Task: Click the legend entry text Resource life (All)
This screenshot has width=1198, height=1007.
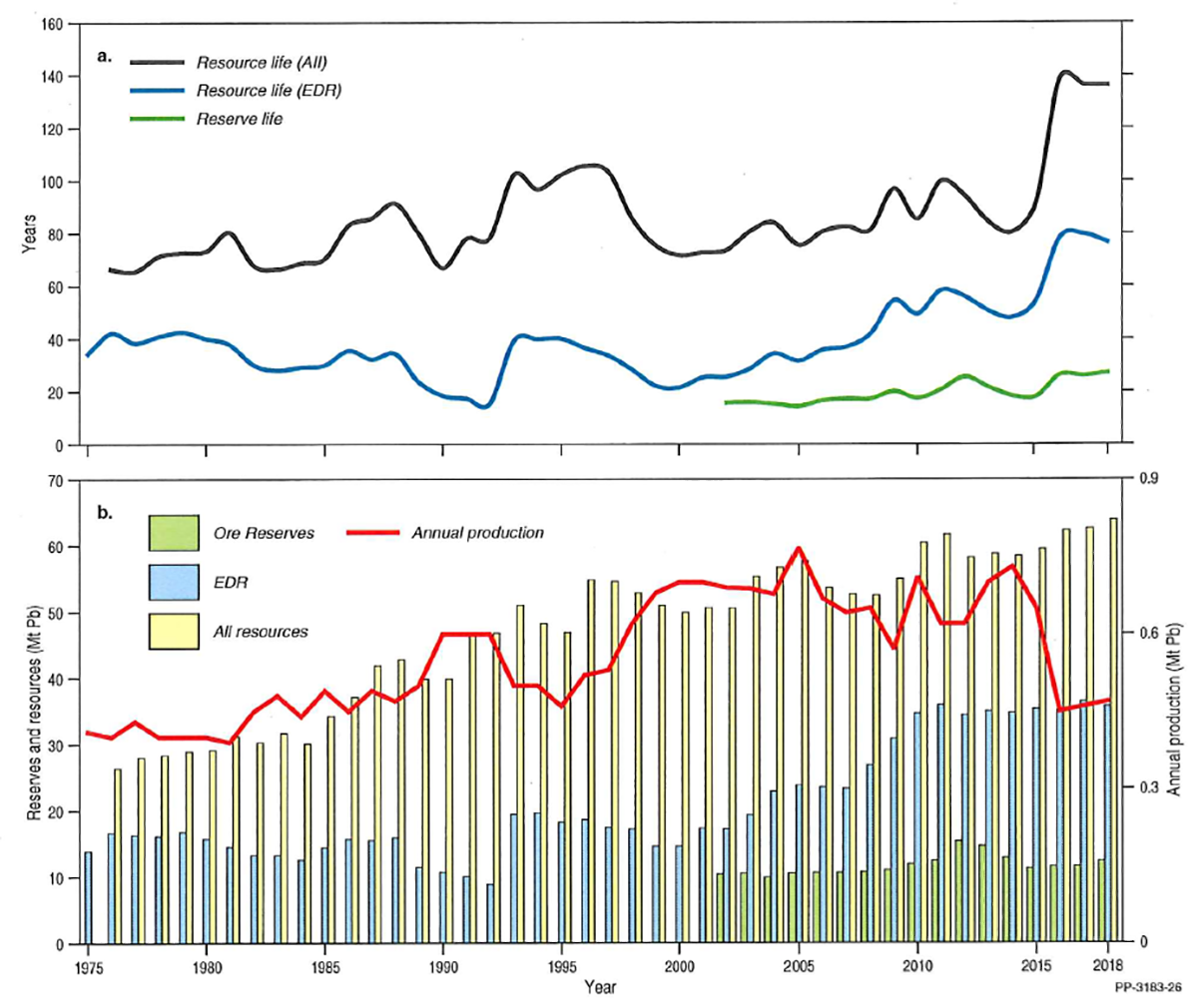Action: point(261,63)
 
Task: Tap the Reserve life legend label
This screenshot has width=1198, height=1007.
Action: point(239,119)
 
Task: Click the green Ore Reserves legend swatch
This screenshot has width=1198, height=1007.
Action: point(173,533)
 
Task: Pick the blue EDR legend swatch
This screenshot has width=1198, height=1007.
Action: point(173,582)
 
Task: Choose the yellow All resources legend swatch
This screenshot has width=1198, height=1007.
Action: point(173,631)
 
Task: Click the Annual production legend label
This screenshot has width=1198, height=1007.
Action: point(477,533)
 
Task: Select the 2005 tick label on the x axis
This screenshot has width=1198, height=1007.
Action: point(797,966)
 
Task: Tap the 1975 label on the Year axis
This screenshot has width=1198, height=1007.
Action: point(89,966)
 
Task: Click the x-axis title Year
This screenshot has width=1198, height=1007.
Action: point(600,987)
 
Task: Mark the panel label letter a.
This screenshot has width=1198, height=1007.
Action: point(104,56)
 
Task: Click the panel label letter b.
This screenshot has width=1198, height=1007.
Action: point(104,514)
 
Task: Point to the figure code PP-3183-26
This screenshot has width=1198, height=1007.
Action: point(1150,987)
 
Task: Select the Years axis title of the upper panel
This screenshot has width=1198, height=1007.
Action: point(28,234)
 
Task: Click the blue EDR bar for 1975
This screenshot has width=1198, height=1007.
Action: point(88,897)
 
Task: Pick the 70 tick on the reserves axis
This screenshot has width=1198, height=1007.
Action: point(55,481)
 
